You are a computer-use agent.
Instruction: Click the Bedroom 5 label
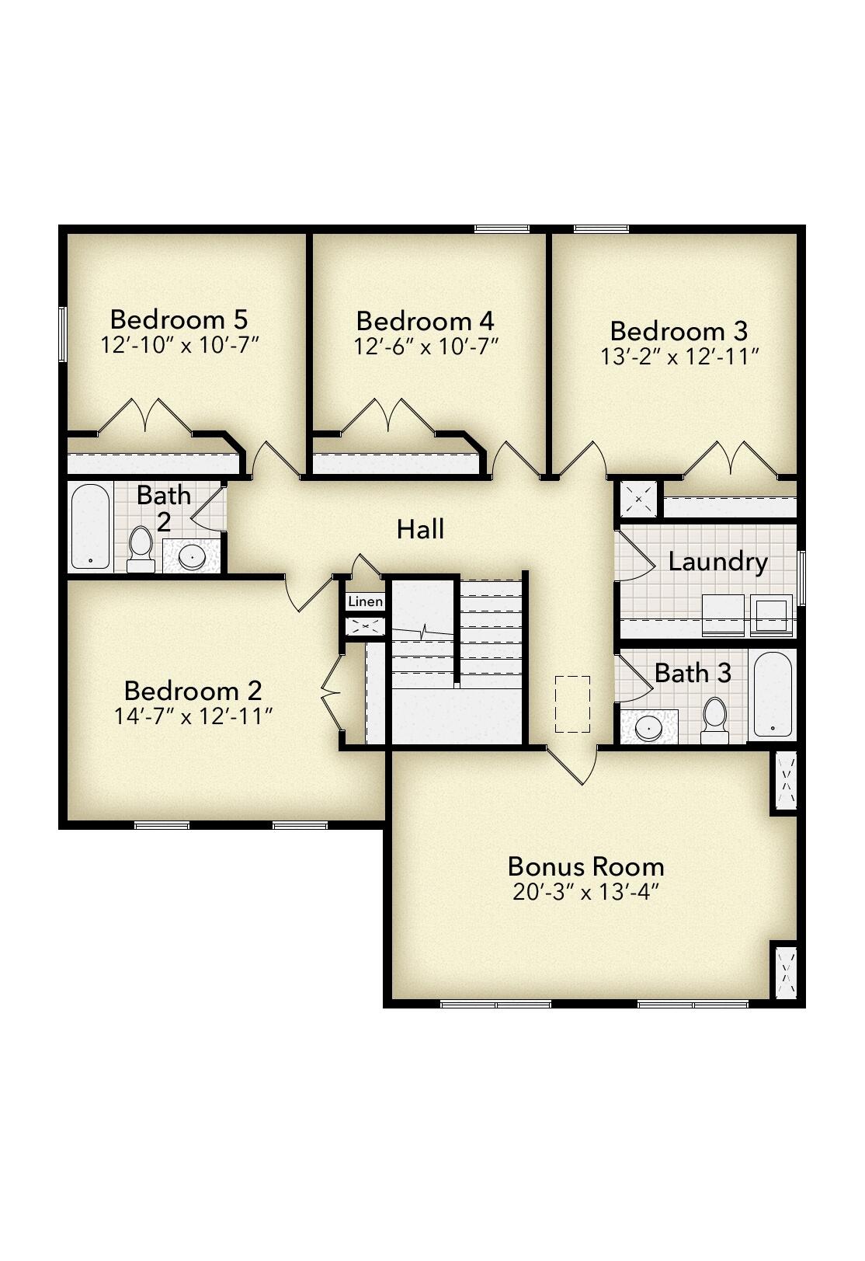tap(179, 319)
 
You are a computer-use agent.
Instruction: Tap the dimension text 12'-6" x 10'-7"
tap(426, 347)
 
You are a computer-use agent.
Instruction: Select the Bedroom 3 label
tap(679, 331)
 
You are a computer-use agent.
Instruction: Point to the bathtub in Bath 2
tap(91, 527)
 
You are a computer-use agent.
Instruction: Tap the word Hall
tap(420, 530)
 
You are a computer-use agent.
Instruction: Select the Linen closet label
tap(365, 602)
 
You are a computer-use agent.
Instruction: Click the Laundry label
tap(717, 562)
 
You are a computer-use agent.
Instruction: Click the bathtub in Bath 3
tap(773, 694)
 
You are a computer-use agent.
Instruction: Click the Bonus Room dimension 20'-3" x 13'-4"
tap(585, 892)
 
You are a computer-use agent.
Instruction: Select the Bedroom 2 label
tap(193, 691)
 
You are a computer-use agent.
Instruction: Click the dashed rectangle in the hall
tap(573, 704)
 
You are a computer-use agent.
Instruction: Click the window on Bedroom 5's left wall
tap(62, 333)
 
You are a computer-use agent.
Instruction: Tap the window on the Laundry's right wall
tap(802, 577)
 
